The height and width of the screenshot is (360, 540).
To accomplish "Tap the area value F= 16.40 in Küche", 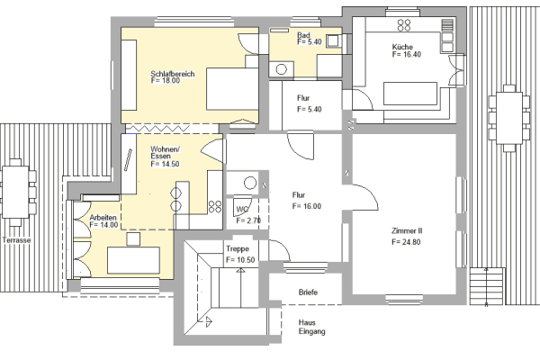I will pos(407,55).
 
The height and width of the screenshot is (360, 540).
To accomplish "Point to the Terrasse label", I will pos(16,241).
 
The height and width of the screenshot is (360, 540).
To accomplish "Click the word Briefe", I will pos(308,292).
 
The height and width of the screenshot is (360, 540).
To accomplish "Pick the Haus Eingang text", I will pos(311,327).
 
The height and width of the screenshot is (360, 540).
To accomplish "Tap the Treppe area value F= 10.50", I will pos(242,259).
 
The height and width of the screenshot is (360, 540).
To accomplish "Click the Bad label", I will pos(303,35).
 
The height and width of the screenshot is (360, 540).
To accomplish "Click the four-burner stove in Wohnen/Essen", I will pos(215,206).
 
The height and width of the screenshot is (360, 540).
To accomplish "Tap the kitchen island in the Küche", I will pos(409,94).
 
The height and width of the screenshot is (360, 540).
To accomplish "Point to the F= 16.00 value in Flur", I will pos(307,206).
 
